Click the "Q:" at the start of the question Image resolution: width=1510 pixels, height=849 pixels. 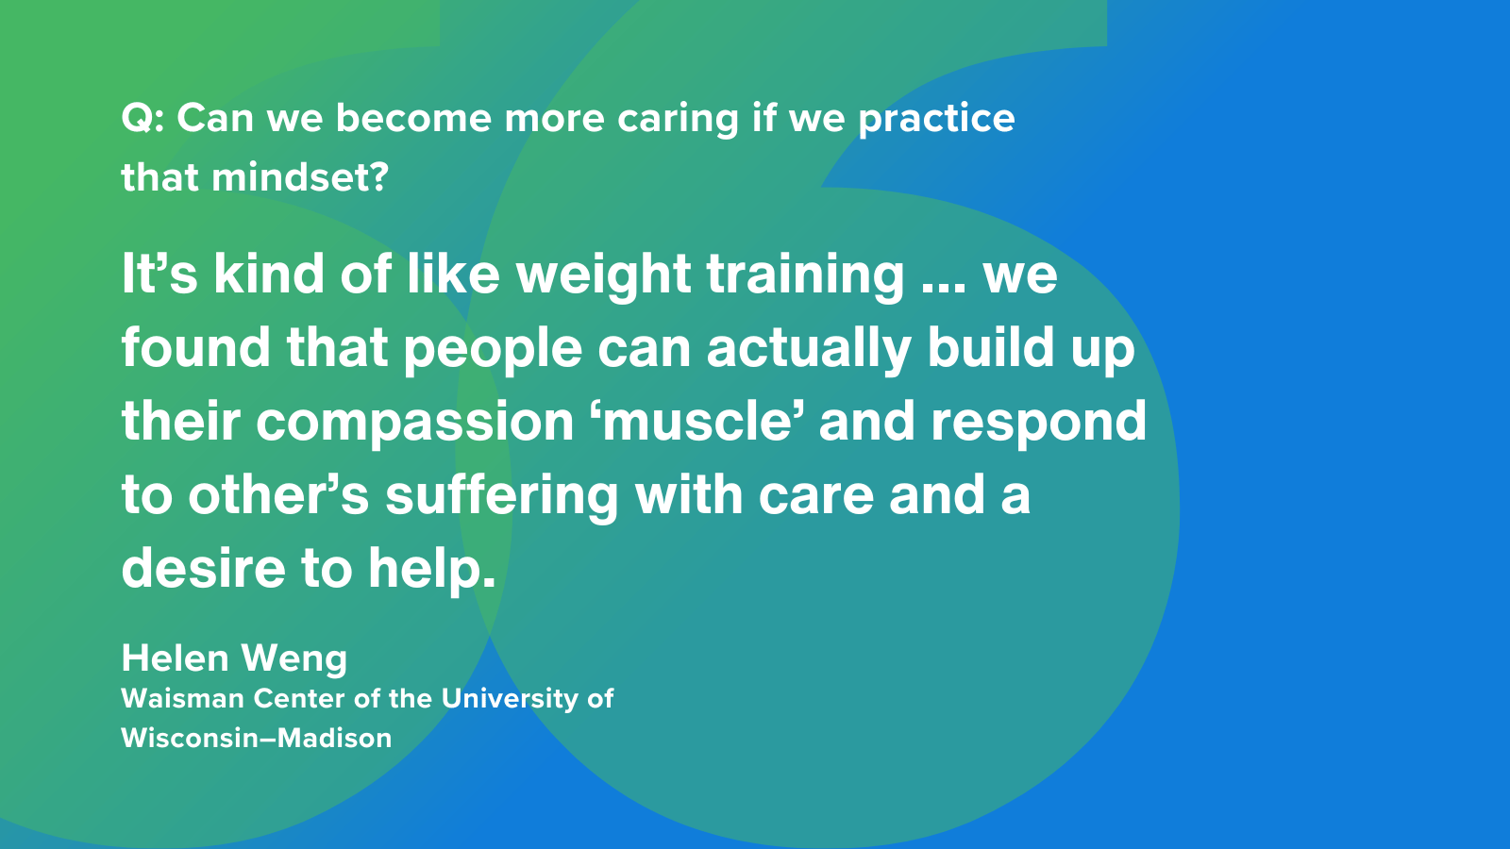pyautogui.click(x=143, y=119)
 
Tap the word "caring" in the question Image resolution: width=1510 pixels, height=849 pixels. pyautogui.click(x=679, y=121)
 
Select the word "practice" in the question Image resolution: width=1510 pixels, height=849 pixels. pyautogui.click(x=936, y=121)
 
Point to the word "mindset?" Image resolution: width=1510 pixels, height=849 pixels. pyautogui.click(x=301, y=177)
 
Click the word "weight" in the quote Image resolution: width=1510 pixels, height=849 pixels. pyautogui.click(x=604, y=277)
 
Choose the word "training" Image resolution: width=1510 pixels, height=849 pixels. pyautogui.click(x=806, y=277)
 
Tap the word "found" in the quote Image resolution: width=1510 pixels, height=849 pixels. pyautogui.click(x=196, y=347)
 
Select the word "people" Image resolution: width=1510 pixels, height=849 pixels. pyautogui.click(x=493, y=351)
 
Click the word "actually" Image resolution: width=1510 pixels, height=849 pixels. pyautogui.click(x=809, y=351)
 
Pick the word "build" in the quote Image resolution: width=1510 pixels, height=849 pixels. pyautogui.click(x=991, y=347)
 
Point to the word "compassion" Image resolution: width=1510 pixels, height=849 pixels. pyautogui.click(x=414, y=424)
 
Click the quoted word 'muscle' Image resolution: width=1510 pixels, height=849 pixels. pyautogui.click(x=696, y=421)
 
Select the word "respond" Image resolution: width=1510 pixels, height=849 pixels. pyautogui.click(x=1039, y=424)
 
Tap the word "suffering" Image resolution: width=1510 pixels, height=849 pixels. pyautogui.click(x=502, y=498)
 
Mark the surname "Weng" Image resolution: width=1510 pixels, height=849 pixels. pyautogui.click(x=294, y=659)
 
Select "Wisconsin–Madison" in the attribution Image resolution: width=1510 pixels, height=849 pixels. pyautogui.click(x=256, y=738)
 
